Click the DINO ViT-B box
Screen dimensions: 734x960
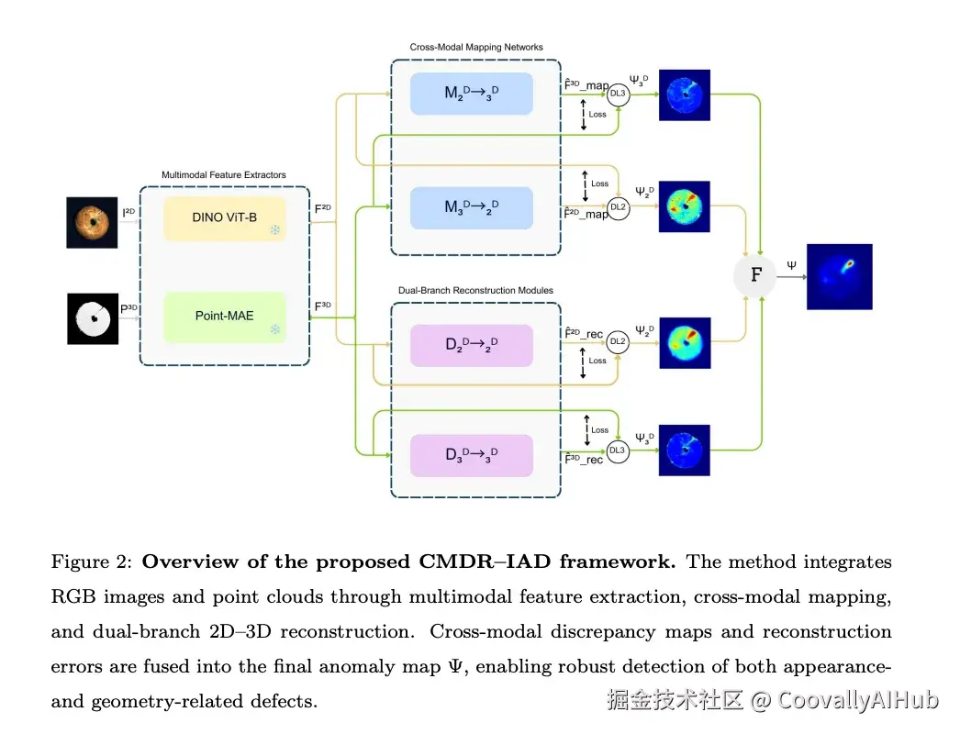pyautogui.click(x=225, y=217)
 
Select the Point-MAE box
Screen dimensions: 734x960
pyautogui.click(x=225, y=316)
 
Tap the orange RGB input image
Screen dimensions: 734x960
pyautogui.click(x=92, y=221)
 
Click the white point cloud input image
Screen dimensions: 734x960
pyautogui.click(x=93, y=317)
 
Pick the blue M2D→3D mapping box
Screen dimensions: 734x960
pyautogui.click(x=472, y=94)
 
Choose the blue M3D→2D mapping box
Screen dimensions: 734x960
pyautogui.click(x=472, y=207)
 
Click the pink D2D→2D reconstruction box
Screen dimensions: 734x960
pyautogui.click(x=472, y=345)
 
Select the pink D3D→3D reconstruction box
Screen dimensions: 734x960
pyautogui.click(x=472, y=455)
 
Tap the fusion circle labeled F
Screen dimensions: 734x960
pyautogui.click(x=755, y=274)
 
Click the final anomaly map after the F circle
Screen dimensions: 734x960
pyautogui.click(x=839, y=276)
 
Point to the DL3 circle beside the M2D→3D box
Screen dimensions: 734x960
pyautogui.click(x=619, y=94)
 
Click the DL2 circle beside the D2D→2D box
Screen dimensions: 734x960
pyautogui.click(x=619, y=341)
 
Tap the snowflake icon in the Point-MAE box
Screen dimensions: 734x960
pyautogui.click(x=274, y=328)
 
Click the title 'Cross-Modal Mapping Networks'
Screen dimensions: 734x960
pyautogui.click(x=475, y=47)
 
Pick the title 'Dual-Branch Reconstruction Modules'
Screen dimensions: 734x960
pyautogui.click(x=475, y=291)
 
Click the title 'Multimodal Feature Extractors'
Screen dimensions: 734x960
pyautogui.click(x=224, y=174)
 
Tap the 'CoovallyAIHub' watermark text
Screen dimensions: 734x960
pyautogui.click(x=858, y=700)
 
